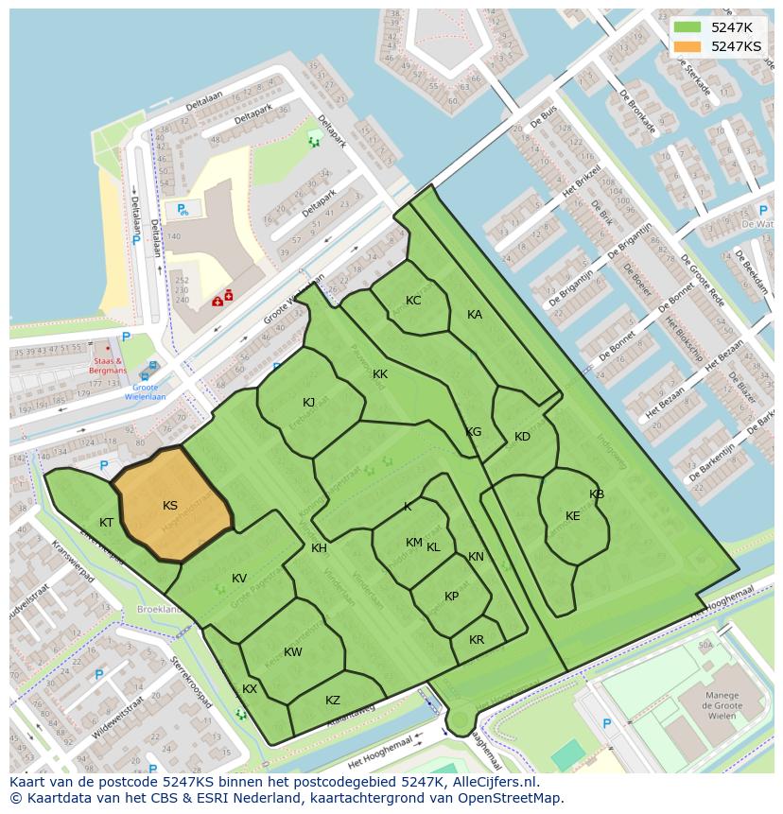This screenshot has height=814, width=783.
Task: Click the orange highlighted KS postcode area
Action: coord(173,511)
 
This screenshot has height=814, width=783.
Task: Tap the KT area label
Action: coord(107,523)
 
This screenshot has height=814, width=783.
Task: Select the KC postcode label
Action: coord(413,301)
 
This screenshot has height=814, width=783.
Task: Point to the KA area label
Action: coord(475,315)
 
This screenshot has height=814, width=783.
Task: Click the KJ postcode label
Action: coord(309,403)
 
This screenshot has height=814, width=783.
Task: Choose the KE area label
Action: coord(573,516)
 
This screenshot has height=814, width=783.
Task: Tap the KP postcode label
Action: coord(452,597)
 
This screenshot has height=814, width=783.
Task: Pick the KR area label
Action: coord(477,640)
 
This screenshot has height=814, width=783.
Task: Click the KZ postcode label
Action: coord(333,701)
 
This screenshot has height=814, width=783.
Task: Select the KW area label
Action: coord(293,652)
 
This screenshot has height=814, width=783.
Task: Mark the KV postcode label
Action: coord(239,579)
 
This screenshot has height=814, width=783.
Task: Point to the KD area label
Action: coord(522,437)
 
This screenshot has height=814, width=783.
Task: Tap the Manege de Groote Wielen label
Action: coord(722,704)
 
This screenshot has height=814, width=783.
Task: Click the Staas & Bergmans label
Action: coord(110,366)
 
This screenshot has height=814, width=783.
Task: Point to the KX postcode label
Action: coord(250,689)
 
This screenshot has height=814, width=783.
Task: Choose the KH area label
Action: coord(320,548)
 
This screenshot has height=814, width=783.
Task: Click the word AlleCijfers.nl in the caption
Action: coord(493,783)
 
